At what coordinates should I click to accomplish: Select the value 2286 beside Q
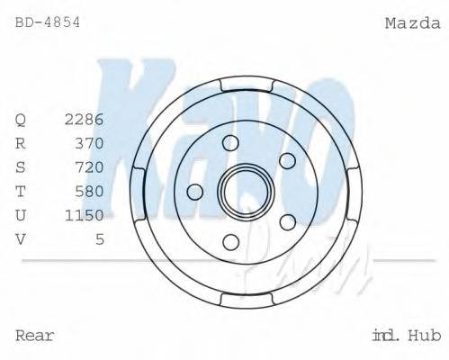click(x=85, y=119)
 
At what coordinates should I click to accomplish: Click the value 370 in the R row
click(x=90, y=142)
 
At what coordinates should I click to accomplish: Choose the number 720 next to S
click(x=90, y=166)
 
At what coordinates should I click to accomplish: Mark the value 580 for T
click(x=90, y=191)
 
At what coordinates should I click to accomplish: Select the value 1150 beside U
click(x=85, y=214)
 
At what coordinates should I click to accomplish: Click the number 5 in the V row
click(x=100, y=238)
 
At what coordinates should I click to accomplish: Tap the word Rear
click(x=35, y=336)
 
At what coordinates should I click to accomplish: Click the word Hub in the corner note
click(x=424, y=336)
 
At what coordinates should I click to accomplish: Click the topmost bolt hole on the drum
click(x=230, y=142)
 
